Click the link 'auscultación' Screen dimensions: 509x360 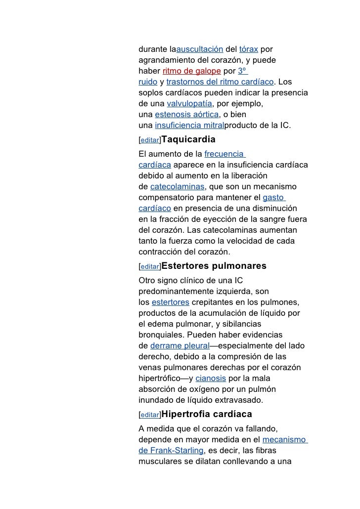[x=200, y=50]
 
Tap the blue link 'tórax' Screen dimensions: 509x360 [x=248, y=50]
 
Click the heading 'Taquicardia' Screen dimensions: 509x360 [x=188, y=139]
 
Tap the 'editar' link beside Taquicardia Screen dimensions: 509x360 [x=149, y=140]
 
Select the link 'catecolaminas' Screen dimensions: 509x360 [x=177, y=187]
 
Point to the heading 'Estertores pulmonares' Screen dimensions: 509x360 [x=214, y=266]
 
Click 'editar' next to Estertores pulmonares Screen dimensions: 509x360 [x=149, y=267]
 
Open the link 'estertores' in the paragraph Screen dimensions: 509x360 [x=170, y=302]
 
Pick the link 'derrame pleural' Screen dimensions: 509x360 [x=180, y=346]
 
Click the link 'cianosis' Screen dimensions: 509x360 [x=211, y=379]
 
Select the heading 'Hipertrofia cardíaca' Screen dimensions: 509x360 [x=207, y=414]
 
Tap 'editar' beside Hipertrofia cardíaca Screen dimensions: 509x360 [x=149, y=415]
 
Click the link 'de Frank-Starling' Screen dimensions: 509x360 [x=171, y=450]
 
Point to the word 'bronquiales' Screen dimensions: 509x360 [x=161, y=335]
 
